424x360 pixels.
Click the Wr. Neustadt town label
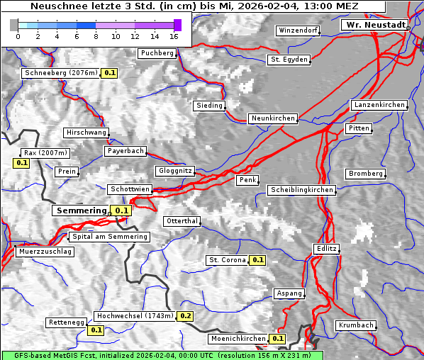click(x=374, y=25)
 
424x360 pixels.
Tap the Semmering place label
click(x=81, y=210)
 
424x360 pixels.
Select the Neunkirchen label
click(x=272, y=118)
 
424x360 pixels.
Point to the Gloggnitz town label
click(x=174, y=171)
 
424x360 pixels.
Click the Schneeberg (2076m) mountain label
click(x=60, y=72)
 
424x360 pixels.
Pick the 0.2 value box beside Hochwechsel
click(x=186, y=316)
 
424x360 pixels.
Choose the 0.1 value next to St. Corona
click(x=258, y=260)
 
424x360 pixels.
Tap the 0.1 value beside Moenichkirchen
click(x=278, y=339)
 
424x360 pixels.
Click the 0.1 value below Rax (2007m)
click(x=22, y=163)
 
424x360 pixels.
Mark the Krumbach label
click(x=355, y=325)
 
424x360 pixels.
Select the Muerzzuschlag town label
click(x=45, y=252)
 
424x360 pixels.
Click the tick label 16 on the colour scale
click(x=174, y=36)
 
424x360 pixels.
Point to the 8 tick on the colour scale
click(x=96, y=36)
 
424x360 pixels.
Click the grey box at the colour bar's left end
click(x=14, y=25)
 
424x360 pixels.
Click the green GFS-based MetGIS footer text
click(x=162, y=355)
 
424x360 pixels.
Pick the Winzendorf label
click(x=298, y=30)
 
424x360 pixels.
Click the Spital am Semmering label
click(x=109, y=237)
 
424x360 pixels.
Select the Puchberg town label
click(x=157, y=53)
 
